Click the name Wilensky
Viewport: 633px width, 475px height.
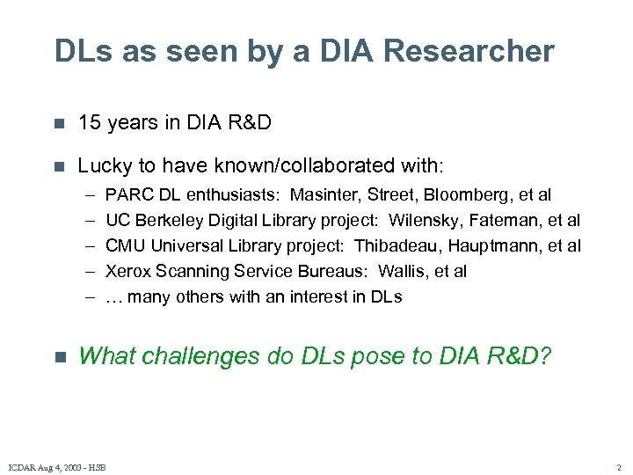(x=428, y=220)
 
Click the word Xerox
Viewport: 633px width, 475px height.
(x=127, y=271)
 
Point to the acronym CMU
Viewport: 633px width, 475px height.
(x=126, y=245)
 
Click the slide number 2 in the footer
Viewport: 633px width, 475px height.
(x=618, y=466)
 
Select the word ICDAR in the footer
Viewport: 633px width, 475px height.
(x=22, y=466)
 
